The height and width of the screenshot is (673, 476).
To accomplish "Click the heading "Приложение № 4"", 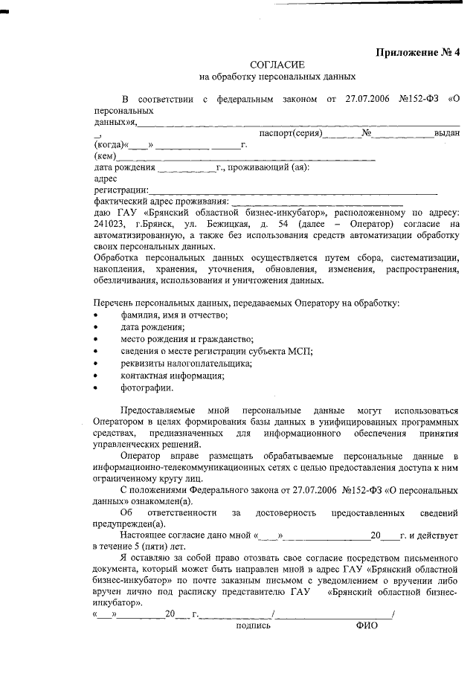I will point(418,52).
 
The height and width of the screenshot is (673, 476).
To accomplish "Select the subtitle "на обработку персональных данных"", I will point(271,77).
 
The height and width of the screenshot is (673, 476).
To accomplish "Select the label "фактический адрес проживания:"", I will point(161,201).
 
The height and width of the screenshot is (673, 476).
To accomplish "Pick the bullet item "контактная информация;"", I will point(173,376).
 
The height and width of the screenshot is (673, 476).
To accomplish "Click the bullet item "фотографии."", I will point(147,387).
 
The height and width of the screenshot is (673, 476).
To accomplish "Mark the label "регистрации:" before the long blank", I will point(121,190).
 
